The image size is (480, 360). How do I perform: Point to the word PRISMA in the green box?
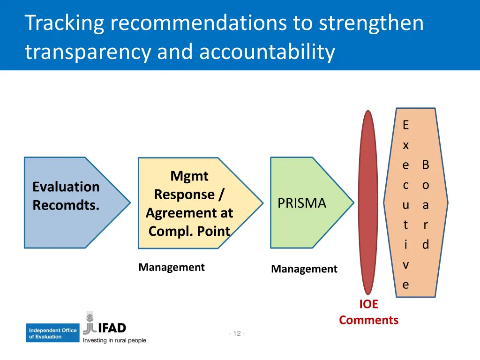coord(301,203)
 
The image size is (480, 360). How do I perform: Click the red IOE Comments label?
coord(368,312)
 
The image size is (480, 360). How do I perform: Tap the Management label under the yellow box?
coord(172,267)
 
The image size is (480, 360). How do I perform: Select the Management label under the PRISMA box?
coord(304,269)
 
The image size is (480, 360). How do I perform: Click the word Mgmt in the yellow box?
coord(189,176)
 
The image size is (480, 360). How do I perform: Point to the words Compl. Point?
coord(189,231)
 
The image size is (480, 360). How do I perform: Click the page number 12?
coord(237,334)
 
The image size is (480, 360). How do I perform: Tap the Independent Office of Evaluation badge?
coord(52,333)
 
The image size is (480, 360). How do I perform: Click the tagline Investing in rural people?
coord(114,340)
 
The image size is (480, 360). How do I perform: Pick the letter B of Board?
coord(426,165)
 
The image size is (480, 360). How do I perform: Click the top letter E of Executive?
coord(405,125)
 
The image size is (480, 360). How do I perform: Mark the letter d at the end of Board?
coord(426,245)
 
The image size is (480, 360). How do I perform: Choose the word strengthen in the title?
coord(371,23)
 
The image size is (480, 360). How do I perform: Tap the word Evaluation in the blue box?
coord(66,187)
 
